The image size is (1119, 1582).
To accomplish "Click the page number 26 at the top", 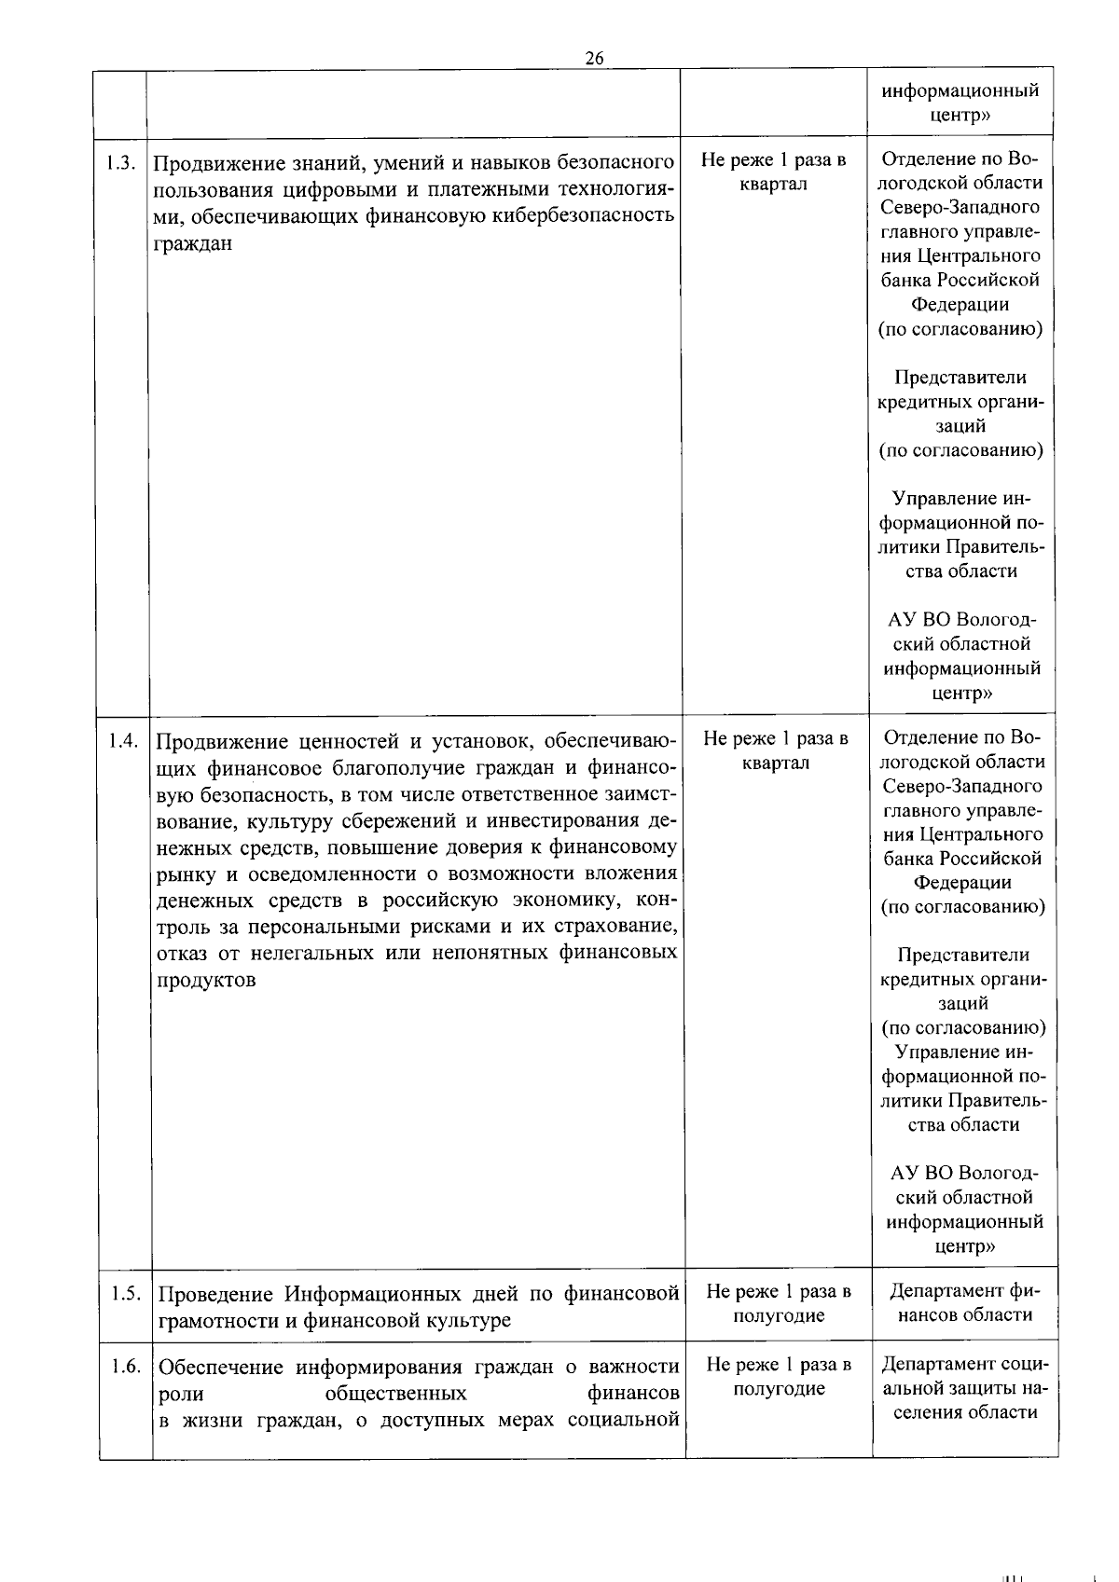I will tap(594, 58).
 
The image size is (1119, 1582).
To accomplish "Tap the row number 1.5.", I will tap(125, 1293).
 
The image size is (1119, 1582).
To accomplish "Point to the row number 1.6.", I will tap(125, 1366).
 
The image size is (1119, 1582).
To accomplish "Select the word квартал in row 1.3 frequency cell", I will tap(773, 184).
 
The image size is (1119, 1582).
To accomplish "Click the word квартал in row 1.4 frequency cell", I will tap(776, 763).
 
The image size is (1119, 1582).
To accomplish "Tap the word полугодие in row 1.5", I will tap(779, 1316).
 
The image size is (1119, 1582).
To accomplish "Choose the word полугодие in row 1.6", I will tap(779, 1389).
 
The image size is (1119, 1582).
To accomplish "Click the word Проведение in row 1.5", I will tap(215, 1295).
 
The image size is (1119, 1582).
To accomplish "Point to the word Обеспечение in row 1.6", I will tap(221, 1368).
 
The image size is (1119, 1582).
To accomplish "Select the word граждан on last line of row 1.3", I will tap(192, 244).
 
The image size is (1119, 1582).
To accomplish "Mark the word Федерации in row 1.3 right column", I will tap(960, 304).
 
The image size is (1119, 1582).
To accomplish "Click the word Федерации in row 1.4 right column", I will tap(962, 882).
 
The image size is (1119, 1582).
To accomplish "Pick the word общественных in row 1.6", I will tap(395, 1394).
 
